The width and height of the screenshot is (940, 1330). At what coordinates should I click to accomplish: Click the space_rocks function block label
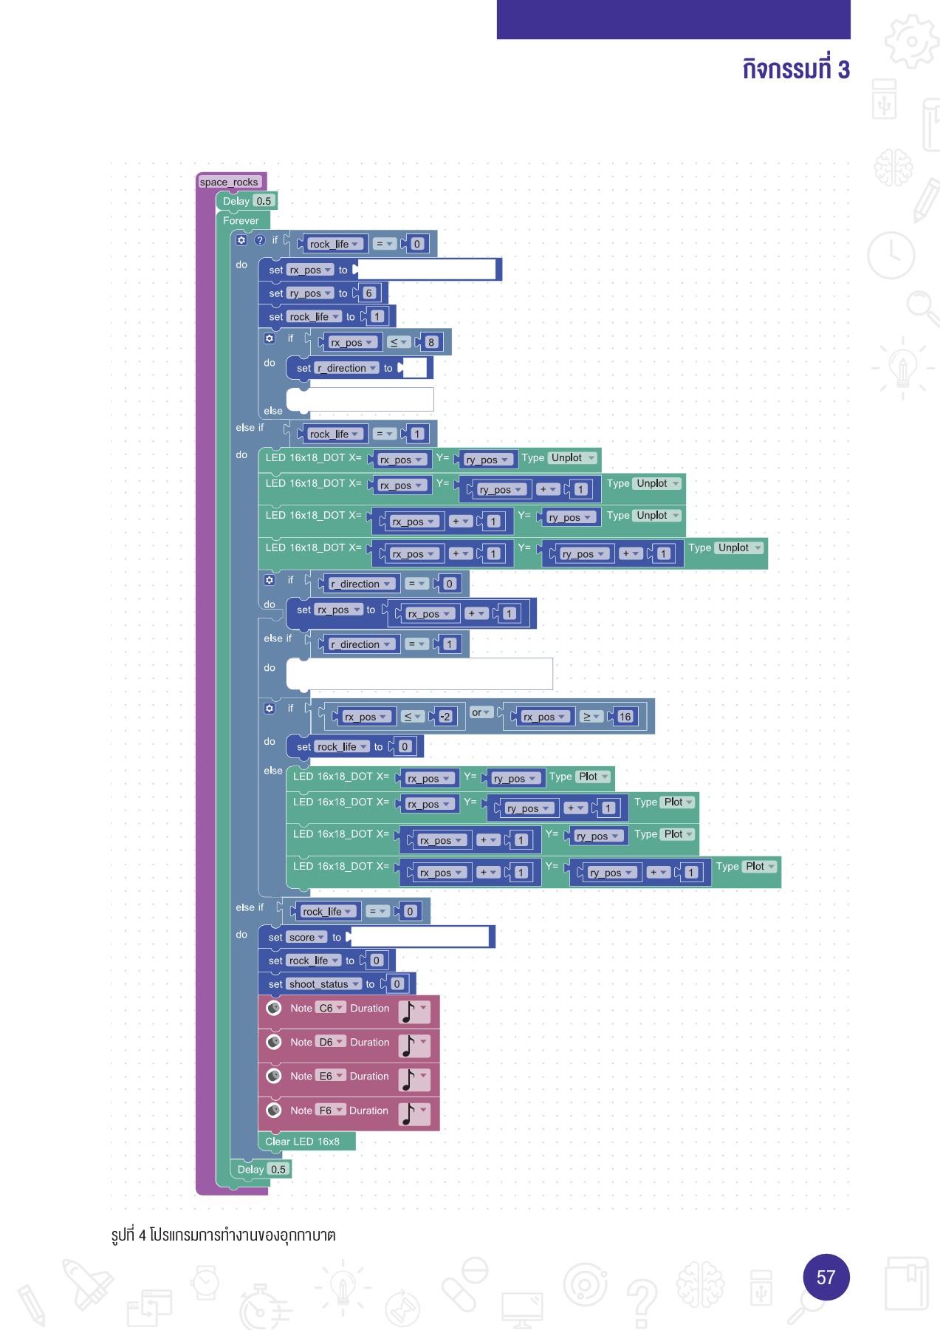[229, 182]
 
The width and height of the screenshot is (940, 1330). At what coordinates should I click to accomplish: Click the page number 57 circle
[826, 1277]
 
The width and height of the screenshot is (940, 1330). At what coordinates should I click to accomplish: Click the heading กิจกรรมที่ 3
[795, 69]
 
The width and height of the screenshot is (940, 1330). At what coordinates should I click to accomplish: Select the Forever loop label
[241, 220]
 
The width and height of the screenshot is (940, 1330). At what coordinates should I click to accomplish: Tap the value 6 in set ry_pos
[369, 293]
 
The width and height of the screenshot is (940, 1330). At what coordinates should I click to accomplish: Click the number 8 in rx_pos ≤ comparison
[431, 342]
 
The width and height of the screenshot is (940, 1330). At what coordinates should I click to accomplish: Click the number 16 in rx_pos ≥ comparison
[625, 717]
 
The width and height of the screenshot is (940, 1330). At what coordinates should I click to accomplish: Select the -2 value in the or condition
[445, 717]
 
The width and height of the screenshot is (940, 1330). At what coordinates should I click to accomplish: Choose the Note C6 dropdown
[330, 1008]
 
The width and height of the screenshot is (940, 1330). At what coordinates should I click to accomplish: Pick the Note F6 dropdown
[330, 1111]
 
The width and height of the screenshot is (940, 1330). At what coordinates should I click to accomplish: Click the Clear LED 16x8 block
[303, 1142]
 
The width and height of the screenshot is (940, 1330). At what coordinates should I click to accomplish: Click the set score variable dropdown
[306, 938]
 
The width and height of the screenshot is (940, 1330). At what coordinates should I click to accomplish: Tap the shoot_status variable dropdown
[323, 984]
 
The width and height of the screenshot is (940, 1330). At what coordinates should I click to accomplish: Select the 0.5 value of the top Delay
[264, 201]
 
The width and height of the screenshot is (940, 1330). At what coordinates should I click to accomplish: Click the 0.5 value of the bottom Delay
[278, 1170]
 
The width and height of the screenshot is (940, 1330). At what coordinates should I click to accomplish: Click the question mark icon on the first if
[260, 240]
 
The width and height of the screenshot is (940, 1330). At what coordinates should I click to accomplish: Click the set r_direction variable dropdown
[346, 368]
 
